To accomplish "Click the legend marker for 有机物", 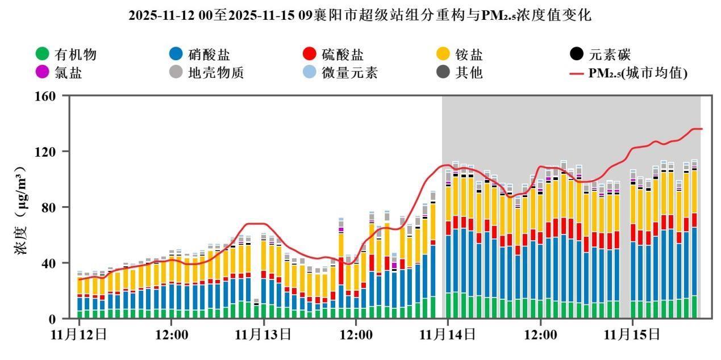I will pyautogui.click(x=42, y=55).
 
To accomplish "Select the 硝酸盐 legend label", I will pyautogui.click(x=209, y=55).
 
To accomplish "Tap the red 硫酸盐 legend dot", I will pyautogui.click(x=309, y=55).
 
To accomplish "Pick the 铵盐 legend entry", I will pyautogui.click(x=469, y=55).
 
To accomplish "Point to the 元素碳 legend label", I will pyautogui.click(x=610, y=55).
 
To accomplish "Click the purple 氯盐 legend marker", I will pyautogui.click(x=42, y=73).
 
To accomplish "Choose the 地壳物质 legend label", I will pyautogui.click(x=216, y=73).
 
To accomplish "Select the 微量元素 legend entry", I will pyautogui.click(x=349, y=73).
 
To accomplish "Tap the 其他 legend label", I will pyautogui.click(x=469, y=73).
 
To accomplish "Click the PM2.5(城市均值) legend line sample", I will pyautogui.click(x=577, y=73).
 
